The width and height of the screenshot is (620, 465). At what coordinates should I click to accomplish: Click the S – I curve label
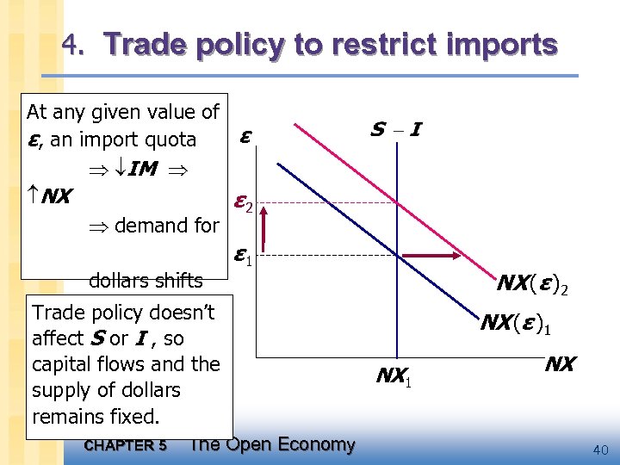395,130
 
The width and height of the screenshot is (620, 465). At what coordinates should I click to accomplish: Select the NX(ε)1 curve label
516,325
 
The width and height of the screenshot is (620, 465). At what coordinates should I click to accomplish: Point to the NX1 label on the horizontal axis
395,375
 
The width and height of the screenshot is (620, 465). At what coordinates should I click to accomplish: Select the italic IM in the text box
143,169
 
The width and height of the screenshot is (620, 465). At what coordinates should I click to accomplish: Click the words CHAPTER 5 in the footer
126,445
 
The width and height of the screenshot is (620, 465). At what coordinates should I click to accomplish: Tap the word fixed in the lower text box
136,418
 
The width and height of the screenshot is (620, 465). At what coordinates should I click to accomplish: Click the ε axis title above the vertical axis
246,136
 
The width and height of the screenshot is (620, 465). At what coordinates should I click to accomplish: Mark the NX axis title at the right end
560,364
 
